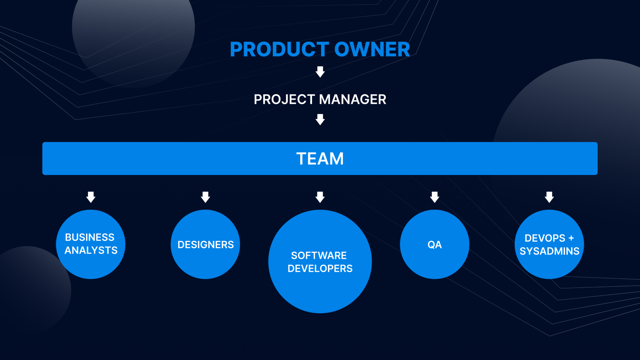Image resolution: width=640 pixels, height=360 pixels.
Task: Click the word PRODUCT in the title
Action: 280,49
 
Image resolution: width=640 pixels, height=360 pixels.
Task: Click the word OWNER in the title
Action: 372,49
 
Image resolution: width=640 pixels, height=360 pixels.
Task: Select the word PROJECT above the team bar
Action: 284,99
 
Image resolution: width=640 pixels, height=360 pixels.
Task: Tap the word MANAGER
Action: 353,99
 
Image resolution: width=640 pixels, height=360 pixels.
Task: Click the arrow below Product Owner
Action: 320,72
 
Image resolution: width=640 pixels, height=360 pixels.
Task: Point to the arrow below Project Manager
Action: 320,119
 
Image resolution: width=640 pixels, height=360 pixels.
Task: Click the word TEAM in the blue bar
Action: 320,159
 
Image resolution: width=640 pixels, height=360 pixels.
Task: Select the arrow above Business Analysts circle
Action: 91,197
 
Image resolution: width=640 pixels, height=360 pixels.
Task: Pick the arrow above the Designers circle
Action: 205,197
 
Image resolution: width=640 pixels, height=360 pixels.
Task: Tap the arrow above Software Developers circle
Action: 320,197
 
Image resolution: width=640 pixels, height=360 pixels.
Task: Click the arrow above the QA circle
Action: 435,197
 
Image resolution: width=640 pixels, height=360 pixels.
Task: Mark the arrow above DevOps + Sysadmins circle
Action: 549,197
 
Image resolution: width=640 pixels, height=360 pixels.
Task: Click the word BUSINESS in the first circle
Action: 90,237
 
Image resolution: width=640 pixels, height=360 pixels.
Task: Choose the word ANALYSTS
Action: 91,250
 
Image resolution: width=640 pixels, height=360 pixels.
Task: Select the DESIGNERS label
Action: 206,245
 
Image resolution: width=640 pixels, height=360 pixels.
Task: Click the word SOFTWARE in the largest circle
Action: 319,256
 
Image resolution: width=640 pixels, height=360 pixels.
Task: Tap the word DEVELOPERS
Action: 320,269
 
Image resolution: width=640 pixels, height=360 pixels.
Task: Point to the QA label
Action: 435,245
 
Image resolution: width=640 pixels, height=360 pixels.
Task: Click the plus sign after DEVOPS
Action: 571,238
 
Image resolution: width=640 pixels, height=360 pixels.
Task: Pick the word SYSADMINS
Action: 550,251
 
